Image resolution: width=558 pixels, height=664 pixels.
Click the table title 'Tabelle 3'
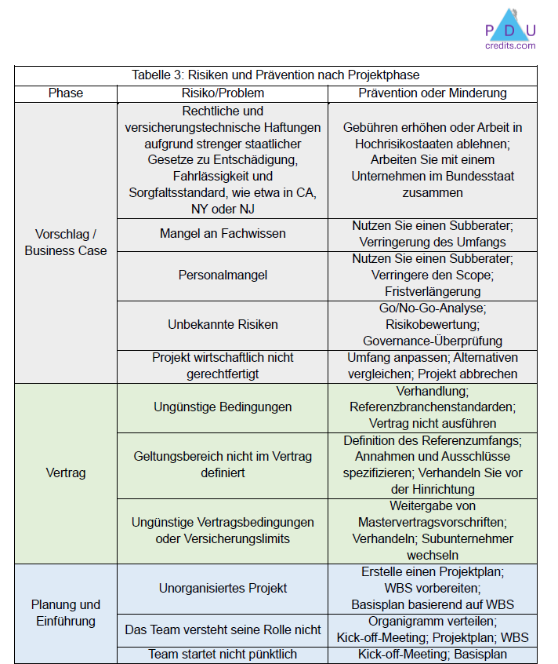[x=276, y=75]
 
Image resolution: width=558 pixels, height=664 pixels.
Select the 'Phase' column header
[x=66, y=93]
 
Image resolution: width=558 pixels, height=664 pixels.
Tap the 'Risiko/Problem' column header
[x=223, y=93]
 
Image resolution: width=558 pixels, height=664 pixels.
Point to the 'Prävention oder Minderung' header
[x=433, y=93]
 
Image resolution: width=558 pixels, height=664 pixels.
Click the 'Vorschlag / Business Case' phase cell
[x=66, y=243]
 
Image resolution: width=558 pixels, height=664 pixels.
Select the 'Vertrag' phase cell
[x=66, y=473]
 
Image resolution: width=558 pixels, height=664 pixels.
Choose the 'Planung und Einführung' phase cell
[x=66, y=613]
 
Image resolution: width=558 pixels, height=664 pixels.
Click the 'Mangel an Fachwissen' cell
[x=223, y=234]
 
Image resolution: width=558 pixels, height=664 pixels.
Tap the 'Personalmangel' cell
[x=223, y=275]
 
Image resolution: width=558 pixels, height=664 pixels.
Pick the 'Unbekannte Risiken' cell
[x=223, y=324]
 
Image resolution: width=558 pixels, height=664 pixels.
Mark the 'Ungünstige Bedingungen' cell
[x=223, y=407]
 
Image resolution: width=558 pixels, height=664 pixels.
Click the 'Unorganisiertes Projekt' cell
[x=223, y=588]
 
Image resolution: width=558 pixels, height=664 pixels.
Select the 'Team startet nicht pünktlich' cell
[x=223, y=654]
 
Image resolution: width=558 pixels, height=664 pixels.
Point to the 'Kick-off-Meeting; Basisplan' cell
[x=433, y=654]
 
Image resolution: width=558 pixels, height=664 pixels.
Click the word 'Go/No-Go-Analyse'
[x=433, y=308]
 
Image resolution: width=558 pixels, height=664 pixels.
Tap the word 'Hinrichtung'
[x=446, y=489]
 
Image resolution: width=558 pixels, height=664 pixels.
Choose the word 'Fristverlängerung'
[x=433, y=291]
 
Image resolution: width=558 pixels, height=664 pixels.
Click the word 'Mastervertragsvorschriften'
[x=433, y=522]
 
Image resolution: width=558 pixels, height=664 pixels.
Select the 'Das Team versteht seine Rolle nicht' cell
[x=223, y=629]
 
